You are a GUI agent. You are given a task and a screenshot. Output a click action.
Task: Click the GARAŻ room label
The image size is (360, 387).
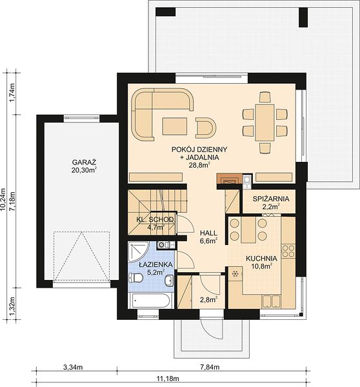click(84, 162)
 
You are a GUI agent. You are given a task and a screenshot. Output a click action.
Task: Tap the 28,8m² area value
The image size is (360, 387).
click(199, 165)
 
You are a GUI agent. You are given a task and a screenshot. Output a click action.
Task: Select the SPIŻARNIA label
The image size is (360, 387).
click(271, 199)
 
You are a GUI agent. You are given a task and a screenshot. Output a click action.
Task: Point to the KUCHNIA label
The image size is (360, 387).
click(261, 259)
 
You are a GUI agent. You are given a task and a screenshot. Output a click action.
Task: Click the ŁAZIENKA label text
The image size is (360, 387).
click(155, 264)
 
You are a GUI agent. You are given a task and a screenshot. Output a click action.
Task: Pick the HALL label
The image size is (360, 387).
click(208, 233)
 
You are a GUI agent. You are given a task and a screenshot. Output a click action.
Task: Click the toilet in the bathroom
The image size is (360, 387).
click(135, 279)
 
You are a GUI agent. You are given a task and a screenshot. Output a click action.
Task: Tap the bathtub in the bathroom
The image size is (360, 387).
click(150, 301)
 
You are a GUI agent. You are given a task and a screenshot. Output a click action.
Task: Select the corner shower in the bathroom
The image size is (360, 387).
click(139, 252)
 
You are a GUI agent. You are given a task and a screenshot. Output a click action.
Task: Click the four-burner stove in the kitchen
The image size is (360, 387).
click(288, 251)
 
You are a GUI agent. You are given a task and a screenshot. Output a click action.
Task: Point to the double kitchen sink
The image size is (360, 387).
click(271, 301)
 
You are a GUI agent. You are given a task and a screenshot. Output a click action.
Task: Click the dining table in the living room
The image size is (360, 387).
click(265, 123)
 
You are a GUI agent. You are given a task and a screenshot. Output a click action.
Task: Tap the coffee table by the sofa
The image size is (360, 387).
click(175, 126)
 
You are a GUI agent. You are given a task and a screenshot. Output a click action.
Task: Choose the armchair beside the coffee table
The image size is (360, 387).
click(205, 128)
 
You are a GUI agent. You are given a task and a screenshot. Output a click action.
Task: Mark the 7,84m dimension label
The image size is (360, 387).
click(210, 367)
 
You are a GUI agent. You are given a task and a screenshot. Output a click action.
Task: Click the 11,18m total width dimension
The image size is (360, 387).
click(168, 379)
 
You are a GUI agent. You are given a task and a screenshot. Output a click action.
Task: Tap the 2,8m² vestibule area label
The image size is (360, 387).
click(208, 300)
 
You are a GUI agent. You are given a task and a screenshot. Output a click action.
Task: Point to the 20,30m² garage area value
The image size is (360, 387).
click(84, 170)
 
